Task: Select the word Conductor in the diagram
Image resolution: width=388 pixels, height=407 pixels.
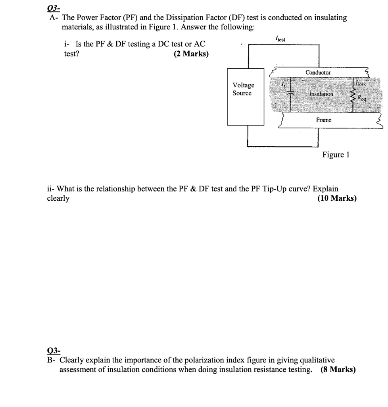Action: click(x=318, y=72)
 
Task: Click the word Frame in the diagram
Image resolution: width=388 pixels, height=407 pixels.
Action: click(x=324, y=120)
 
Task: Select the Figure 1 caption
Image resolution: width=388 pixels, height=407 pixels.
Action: click(x=336, y=154)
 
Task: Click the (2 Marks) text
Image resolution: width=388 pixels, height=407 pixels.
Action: click(x=191, y=54)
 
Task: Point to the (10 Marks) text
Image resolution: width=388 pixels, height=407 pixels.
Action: click(x=337, y=198)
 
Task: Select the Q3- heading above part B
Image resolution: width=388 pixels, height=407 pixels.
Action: click(x=54, y=350)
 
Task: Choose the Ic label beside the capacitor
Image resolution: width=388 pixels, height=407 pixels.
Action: click(x=283, y=84)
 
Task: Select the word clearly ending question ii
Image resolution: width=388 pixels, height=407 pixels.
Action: click(x=58, y=198)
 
